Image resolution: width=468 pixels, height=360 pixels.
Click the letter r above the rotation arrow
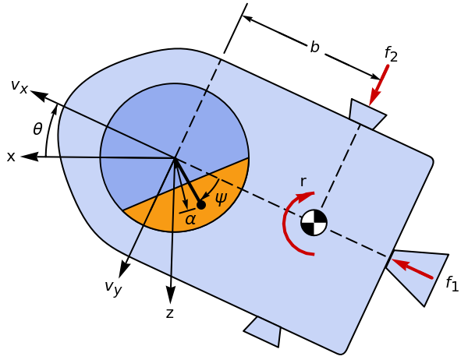click(x=303, y=182)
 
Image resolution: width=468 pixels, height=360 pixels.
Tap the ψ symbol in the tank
click(x=221, y=198)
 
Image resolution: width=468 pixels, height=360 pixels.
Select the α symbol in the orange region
click(x=190, y=220)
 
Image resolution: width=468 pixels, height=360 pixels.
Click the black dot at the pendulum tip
click(x=200, y=205)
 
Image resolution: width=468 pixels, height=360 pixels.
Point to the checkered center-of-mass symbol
click(x=314, y=222)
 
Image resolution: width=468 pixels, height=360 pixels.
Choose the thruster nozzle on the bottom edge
click(x=264, y=331)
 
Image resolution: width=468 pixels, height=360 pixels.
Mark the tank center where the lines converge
click(x=175, y=158)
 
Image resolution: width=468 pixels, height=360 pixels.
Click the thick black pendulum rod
click(x=188, y=182)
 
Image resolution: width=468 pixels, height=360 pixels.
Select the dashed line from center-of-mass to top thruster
click(x=340, y=168)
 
